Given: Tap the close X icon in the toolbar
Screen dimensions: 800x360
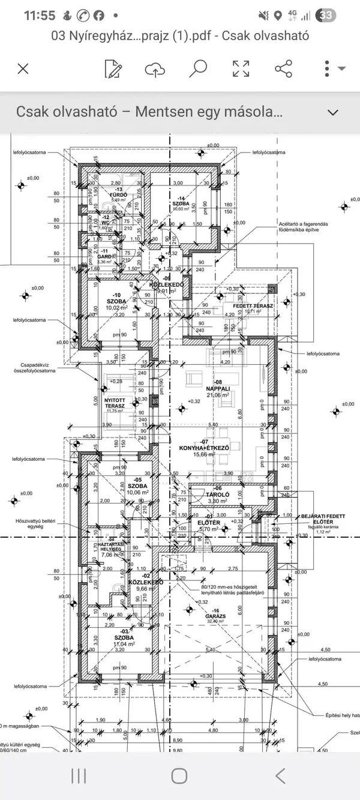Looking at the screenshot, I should [x=23, y=68].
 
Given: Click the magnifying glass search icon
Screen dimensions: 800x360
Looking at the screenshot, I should [x=197, y=68].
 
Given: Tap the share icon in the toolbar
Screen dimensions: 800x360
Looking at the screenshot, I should [x=283, y=68].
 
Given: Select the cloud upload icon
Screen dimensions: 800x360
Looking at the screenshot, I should [x=155, y=68].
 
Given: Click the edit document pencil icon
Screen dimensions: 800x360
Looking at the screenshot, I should [x=112, y=68].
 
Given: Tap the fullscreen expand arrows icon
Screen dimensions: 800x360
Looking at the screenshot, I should [x=241, y=68].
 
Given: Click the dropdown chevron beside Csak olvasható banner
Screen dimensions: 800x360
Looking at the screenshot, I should [x=333, y=112].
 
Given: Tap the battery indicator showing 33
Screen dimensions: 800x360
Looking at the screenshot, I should [x=343, y=16].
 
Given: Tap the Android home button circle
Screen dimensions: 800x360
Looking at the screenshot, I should [x=179, y=775].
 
